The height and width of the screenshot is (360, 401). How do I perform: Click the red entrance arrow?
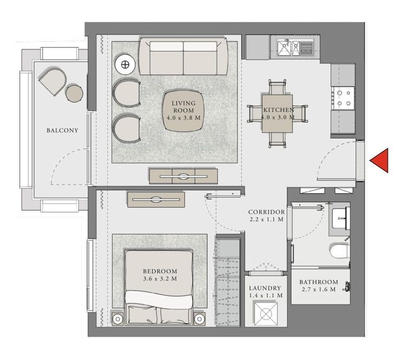pos(380,160)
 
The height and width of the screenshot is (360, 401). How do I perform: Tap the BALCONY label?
pos(62,130)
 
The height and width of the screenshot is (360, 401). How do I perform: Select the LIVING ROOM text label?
pos(183,107)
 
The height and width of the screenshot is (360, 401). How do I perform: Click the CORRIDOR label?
pos(266,212)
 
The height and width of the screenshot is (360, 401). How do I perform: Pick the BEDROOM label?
pos(160,271)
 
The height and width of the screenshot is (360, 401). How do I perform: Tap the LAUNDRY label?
pos(265,288)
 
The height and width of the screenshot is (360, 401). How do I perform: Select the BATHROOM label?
pos(319,282)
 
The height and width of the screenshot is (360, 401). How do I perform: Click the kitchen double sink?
pos(295,48)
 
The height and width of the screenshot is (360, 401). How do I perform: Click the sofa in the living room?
pos(183,57)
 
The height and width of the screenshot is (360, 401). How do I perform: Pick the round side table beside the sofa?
pos(125,64)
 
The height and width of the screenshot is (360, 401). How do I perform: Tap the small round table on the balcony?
pos(74,93)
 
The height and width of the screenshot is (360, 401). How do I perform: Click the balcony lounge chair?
pos(52,81)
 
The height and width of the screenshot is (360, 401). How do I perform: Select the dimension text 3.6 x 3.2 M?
pos(160,279)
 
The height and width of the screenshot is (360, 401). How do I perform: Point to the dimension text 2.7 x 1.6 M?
pos(319,290)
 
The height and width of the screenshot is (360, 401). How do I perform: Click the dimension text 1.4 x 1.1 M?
pos(265,296)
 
